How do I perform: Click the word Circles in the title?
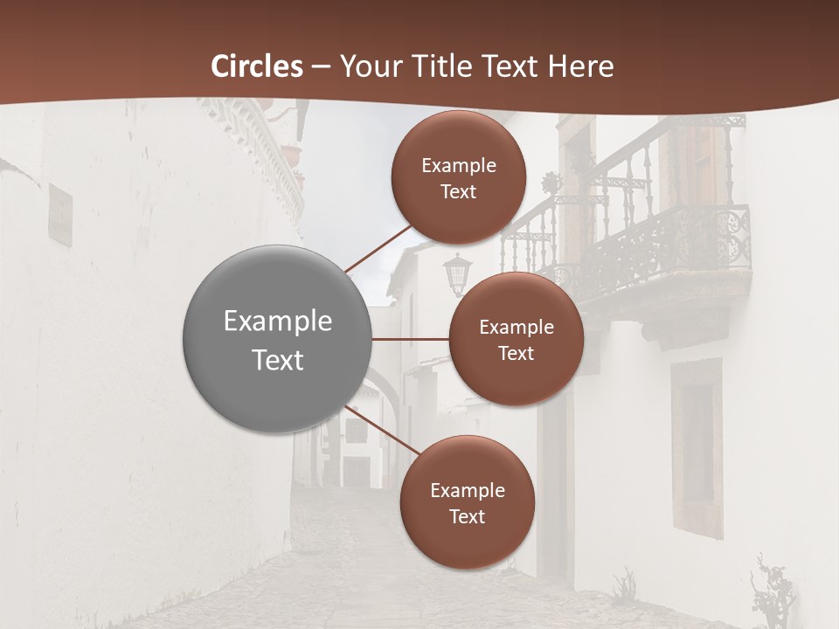point(257,66)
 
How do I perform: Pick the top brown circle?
point(458,177)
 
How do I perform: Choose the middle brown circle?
point(516,339)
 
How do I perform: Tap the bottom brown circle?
point(467,502)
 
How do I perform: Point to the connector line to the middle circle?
point(411,339)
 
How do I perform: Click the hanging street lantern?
point(457,273)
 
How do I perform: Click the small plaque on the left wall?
point(60,214)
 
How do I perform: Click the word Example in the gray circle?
point(278,321)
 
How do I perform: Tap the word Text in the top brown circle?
point(458,192)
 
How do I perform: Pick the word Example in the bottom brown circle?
point(467,490)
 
